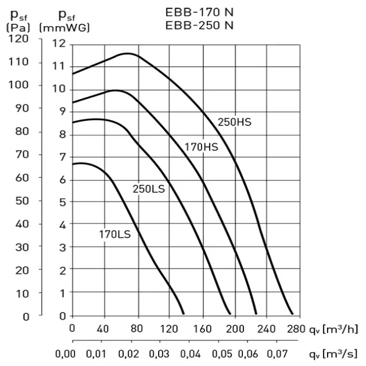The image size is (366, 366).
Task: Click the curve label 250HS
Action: click(234, 123)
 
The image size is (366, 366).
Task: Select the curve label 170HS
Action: click(202, 147)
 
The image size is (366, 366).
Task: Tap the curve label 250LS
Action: click(149, 189)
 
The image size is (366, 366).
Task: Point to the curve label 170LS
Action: click(114, 235)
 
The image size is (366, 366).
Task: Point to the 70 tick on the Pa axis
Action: click(22, 155)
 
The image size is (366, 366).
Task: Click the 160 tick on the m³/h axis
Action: click(203, 329)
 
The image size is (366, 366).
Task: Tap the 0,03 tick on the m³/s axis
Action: click(158, 354)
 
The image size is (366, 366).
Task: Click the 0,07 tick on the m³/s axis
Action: click(282, 354)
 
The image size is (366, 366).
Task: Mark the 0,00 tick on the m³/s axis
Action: click(66, 354)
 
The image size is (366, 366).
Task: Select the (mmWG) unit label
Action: click(64, 27)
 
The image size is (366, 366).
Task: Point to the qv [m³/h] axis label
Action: click(333, 329)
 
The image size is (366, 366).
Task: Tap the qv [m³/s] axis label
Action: click(333, 354)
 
